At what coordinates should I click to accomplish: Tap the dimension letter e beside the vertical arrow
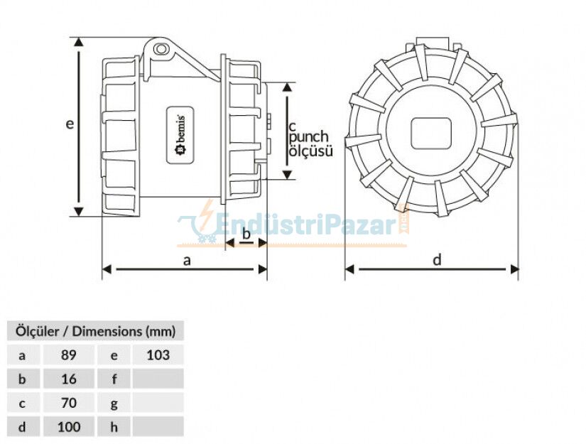[x=69, y=124]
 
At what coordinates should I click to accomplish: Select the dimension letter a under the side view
[x=187, y=261]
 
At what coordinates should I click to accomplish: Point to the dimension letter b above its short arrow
[x=246, y=233]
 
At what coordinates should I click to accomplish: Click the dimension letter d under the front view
[x=437, y=261]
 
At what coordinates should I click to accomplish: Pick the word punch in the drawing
[x=309, y=136]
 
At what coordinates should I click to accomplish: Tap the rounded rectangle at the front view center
[x=432, y=132]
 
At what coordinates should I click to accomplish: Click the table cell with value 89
[x=68, y=354]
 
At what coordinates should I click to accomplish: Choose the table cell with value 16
[x=68, y=379]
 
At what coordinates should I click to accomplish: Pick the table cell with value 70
[x=68, y=403]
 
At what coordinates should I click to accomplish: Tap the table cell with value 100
[x=68, y=427]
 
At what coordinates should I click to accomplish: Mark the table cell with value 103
[x=157, y=354]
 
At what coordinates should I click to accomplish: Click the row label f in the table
[x=113, y=379]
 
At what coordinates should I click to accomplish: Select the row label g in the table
[x=113, y=403]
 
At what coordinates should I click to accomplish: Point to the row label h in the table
[x=113, y=427]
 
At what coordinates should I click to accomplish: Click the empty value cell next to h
[x=157, y=427]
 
